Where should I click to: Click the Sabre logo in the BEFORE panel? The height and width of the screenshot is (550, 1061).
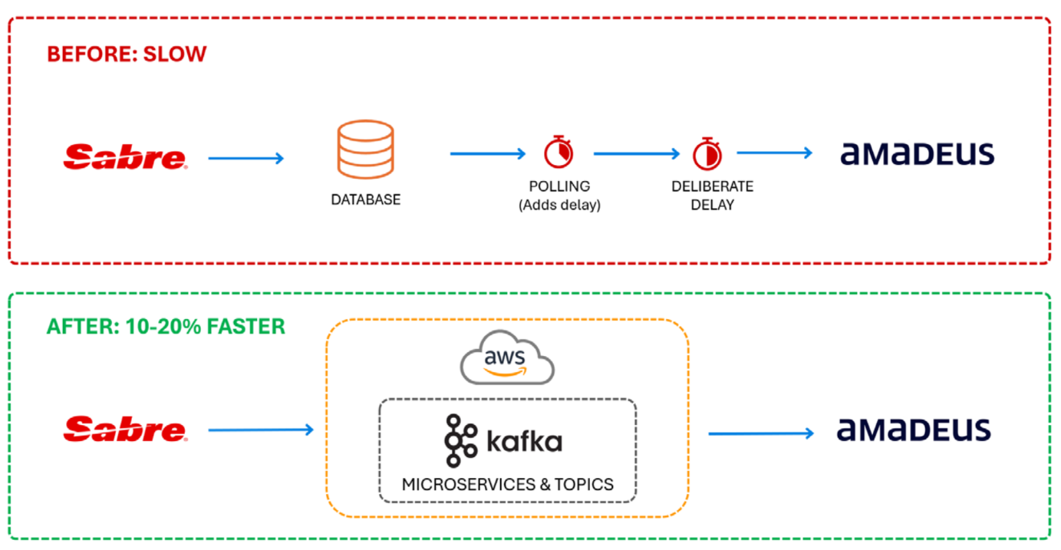point(125,157)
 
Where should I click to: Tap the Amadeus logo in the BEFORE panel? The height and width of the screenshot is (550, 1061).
point(917,153)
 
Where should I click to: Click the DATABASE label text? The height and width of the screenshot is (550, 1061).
point(365,199)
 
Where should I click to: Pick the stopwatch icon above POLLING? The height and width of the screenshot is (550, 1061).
point(559,152)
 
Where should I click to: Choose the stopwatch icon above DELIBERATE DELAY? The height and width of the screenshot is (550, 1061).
point(707,153)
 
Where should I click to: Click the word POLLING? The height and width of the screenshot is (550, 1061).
point(559,186)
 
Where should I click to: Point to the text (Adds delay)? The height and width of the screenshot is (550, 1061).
point(559,205)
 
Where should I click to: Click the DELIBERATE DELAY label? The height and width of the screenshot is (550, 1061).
point(712,196)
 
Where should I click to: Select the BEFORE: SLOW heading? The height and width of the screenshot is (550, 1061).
point(127,54)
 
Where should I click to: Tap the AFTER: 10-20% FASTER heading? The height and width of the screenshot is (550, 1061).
point(166,326)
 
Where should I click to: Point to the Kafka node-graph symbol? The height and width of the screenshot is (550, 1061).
point(460,440)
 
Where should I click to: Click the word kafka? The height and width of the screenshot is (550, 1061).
point(524,442)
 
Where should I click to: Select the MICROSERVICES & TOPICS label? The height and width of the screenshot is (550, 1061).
point(508,484)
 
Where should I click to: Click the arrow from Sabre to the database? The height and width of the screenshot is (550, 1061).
point(246,159)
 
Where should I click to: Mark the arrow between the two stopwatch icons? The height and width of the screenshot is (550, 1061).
point(637,154)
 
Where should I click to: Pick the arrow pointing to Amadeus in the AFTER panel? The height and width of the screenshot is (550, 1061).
point(761,434)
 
